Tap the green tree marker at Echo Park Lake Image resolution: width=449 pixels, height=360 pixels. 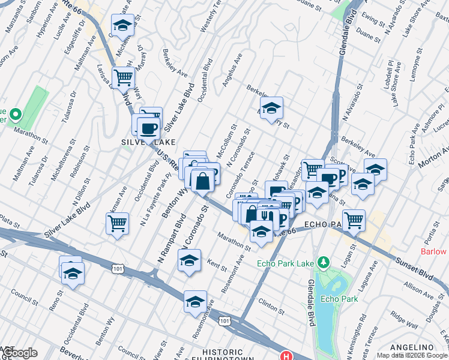[x=324, y=262]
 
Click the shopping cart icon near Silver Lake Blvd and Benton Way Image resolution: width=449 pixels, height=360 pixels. [x=117, y=224]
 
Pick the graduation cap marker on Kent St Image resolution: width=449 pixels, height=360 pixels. [x=189, y=260]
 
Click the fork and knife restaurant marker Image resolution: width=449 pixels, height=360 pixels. [x=265, y=214]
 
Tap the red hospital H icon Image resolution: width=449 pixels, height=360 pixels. [x=287, y=356]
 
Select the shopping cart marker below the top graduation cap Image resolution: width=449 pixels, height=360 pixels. [x=123, y=77]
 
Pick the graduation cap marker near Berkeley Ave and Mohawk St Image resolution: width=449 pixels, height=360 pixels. [x=271, y=108]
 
